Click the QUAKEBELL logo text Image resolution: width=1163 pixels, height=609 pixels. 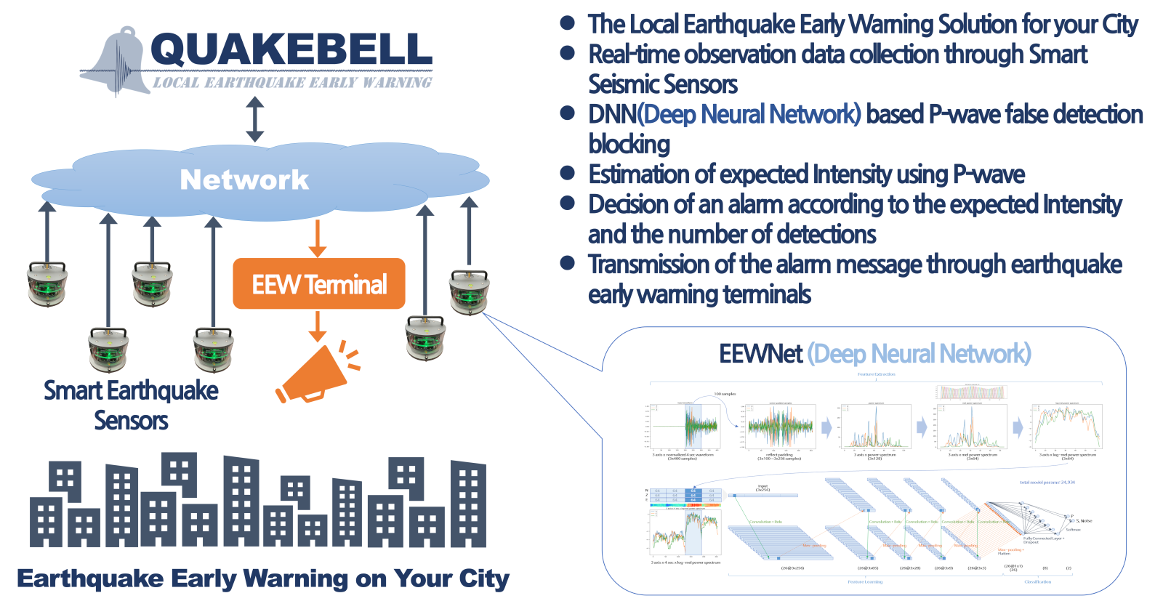(x=291, y=49)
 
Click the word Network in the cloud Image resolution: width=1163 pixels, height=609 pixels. (x=244, y=180)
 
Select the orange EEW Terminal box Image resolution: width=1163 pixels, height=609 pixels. (x=318, y=283)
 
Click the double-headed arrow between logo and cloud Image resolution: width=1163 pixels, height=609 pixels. (x=254, y=119)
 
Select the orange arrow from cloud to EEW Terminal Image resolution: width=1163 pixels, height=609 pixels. (x=318, y=238)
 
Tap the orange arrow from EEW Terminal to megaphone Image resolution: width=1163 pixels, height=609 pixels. (x=318, y=326)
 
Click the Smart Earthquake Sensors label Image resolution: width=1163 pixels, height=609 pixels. (x=131, y=405)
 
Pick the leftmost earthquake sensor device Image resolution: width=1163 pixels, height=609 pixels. (x=47, y=283)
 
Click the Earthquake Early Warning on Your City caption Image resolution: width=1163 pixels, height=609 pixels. (x=263, y=578)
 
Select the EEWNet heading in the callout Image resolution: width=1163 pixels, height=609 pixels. (x=760, y=354)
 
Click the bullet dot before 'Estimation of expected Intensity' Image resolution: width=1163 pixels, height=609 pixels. (x=568, y=173)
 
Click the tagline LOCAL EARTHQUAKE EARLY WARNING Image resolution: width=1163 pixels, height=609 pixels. (x=292, y=82)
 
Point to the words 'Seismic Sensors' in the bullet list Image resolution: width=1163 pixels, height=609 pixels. (x=663, y=84)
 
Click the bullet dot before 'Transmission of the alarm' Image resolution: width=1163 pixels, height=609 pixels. (x=568, y=263)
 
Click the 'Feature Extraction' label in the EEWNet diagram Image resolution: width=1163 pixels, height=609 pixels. (x=876, y=374)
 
